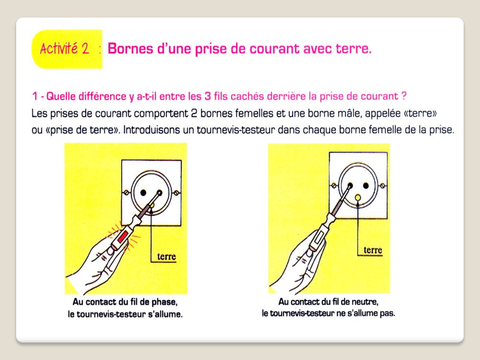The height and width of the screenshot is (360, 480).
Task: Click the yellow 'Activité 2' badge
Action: (67, 49)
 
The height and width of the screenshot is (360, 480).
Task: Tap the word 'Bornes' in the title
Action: (130, 48)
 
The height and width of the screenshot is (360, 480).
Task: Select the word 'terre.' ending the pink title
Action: (354, 49)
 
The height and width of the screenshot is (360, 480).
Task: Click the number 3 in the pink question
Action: (208, 96)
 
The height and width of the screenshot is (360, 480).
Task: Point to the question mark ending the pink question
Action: (404, 96)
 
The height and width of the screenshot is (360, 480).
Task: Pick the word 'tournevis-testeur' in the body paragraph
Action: (236, 130)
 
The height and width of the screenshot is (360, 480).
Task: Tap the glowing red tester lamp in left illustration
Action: (123, 237)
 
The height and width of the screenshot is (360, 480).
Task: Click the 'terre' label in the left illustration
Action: (166, 256)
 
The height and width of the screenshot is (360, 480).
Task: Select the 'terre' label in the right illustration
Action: (373, 250)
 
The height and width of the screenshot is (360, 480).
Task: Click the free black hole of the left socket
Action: (143, 193)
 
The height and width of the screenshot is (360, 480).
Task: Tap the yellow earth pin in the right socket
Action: (358, 197)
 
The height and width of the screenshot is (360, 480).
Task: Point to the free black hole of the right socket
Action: (366, 186)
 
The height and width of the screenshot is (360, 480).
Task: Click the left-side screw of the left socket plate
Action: (126, 193)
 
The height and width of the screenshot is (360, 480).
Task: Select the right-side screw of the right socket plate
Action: (383, 186)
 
